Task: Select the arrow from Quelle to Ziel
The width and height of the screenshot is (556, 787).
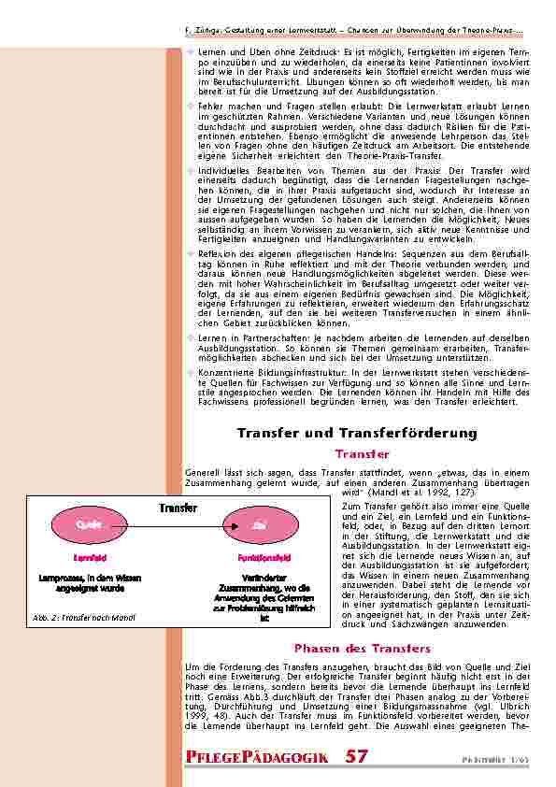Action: pyautogui.click(x=173, y=525)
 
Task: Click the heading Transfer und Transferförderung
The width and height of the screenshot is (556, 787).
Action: pyautogui.click(x=357, y=433)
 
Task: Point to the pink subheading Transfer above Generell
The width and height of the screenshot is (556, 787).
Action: pyautogui.click(x=362, y=453)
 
